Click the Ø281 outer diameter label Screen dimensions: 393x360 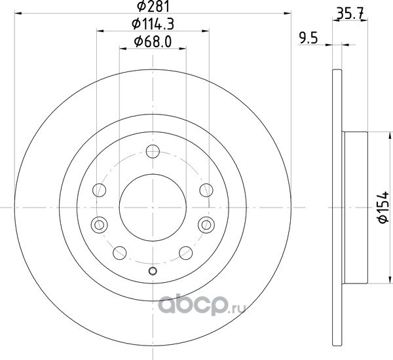(153, 7)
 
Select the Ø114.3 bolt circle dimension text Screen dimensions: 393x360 (153, 24)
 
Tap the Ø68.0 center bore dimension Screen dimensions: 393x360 (153, 42)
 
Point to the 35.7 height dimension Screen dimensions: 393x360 (350, 14)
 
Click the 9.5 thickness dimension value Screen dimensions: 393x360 (309, 39)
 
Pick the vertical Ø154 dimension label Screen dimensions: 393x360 (383, 207)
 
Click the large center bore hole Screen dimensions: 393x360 (153, 207)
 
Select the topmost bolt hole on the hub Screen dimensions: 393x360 (153, 151)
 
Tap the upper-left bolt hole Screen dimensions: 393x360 (100, 190)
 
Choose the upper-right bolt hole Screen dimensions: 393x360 (206, 190)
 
